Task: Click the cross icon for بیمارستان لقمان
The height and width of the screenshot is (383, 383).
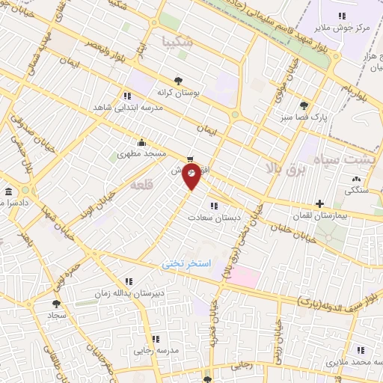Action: pyautogui.click(x=319, y=203)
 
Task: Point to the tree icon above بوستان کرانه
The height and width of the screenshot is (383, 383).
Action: pyautogui.click(x=177, y=81)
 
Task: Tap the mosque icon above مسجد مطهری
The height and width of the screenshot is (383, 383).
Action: pyautogui.click(x=141, y=142)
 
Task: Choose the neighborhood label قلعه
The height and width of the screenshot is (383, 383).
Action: pyautogui.click(x=141, y=185)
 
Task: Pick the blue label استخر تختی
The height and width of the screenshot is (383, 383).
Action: pyautogui.click(x=187, y=264)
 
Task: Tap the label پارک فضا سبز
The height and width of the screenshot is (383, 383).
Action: pyautogui.click(x=309, y=117)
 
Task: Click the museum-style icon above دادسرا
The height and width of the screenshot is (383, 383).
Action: pyautogui.click(x=8, y=191)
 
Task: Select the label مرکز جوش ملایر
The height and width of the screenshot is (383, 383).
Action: pyautogui.click(x=342, y=28)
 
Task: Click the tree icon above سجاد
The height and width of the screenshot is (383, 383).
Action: pyautogui.click(x=57, y=304)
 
